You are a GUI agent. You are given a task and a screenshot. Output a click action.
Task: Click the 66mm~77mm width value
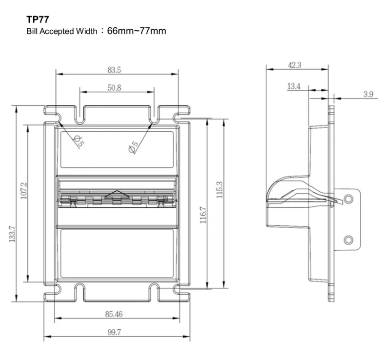[137, 32]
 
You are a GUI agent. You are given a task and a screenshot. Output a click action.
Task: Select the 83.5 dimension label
[115, 70]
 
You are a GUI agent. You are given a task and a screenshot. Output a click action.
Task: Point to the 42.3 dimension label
[295, 64]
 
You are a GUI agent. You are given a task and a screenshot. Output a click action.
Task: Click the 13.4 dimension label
[293, 86]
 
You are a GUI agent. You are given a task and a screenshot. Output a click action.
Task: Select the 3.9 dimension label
[368, 94]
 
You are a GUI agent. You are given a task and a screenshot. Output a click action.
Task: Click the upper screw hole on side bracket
[348, 199]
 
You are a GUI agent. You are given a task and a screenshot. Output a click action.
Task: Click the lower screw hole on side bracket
[348, 240]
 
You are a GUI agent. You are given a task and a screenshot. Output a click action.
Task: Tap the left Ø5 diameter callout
[78, 141]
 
